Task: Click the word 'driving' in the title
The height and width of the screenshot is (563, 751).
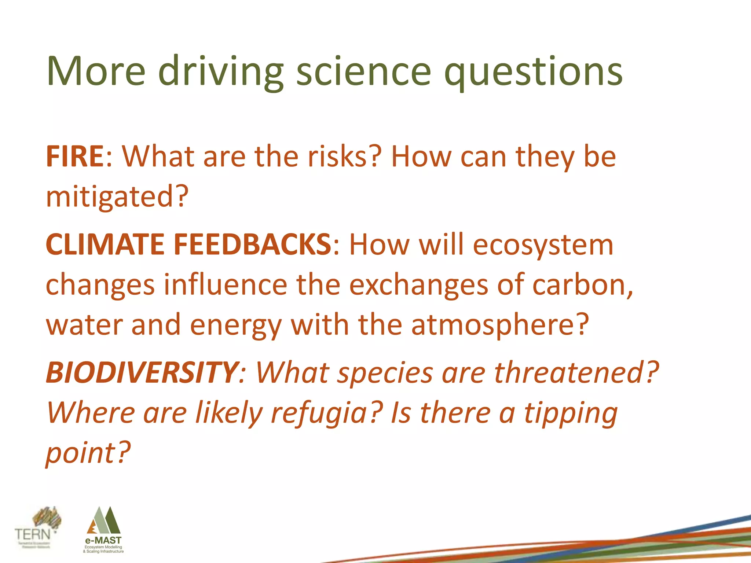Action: point(220,71)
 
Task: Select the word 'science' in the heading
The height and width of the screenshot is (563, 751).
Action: point(363,71)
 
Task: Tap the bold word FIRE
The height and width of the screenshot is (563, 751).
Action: point(75,157)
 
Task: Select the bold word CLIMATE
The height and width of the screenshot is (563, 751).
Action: point(105,244)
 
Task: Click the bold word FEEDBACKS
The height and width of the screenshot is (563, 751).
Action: point(252,244)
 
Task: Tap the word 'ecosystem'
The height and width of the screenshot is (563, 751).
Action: point(543,244)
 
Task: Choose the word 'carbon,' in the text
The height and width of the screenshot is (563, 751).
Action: point(582,285)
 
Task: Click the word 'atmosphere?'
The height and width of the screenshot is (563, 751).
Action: point(500,325)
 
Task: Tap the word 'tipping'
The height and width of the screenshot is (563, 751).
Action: point(571,413)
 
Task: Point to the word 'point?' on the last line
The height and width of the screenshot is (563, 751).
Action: point(88,453)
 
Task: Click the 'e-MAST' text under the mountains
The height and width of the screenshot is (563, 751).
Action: point(103,540)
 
